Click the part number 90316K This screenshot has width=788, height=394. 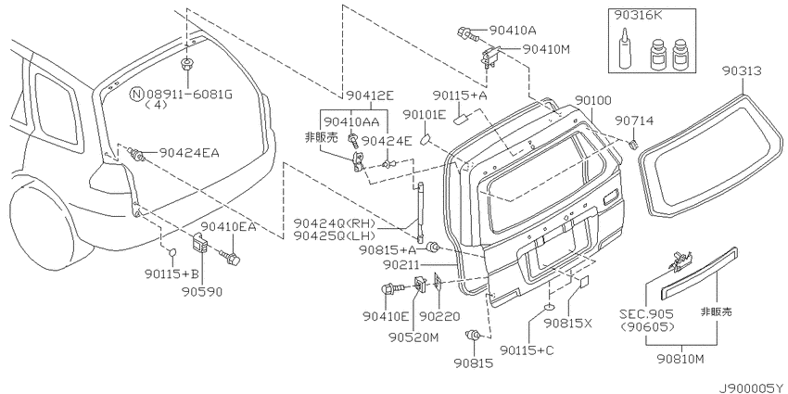pos(637,16)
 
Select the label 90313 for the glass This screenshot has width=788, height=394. pos(743,72)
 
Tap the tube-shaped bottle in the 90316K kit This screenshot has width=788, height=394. pos(623,51)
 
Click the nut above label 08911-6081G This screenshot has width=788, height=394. pos(187,64)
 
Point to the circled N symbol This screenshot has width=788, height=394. pos(136,94)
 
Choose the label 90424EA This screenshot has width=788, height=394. pos(189,153)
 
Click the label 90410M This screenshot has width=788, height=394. pos(546,49)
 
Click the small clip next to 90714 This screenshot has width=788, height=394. pos(633,145)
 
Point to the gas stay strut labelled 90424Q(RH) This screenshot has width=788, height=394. pos(418,211)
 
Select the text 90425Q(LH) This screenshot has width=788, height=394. pos(342,235)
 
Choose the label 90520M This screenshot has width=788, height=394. pos(413,337)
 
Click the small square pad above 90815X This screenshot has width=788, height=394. pos(584,282)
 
